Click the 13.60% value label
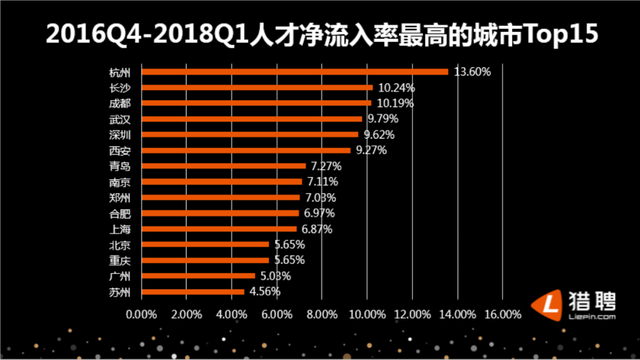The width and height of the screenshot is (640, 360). pyautogui.click(x=471, y=71)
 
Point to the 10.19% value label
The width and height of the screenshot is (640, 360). pyautogui.click(x=394, y=102)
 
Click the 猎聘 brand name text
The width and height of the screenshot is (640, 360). pyautogui.click(x=594, y=298)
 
